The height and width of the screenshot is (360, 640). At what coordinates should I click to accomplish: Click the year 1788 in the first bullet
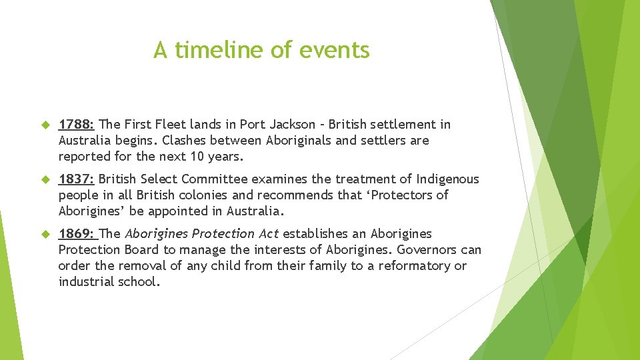(x=76, y=125)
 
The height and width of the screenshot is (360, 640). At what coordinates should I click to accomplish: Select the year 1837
(x=76, y=179)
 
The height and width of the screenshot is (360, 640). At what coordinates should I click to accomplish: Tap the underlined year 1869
(x=76, y=234)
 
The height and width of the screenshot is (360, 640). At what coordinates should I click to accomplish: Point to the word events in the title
(x=336, y=50)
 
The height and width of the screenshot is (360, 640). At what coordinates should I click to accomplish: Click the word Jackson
(x=291, y=125)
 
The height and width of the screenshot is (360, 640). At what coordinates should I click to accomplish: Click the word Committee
(x=213, y=179)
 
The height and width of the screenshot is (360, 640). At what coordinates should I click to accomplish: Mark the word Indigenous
(x=447, y=179)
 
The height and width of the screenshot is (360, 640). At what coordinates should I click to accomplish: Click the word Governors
(x=424, y=250)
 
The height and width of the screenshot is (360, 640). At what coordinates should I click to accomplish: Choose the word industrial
(x=85, y=282)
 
